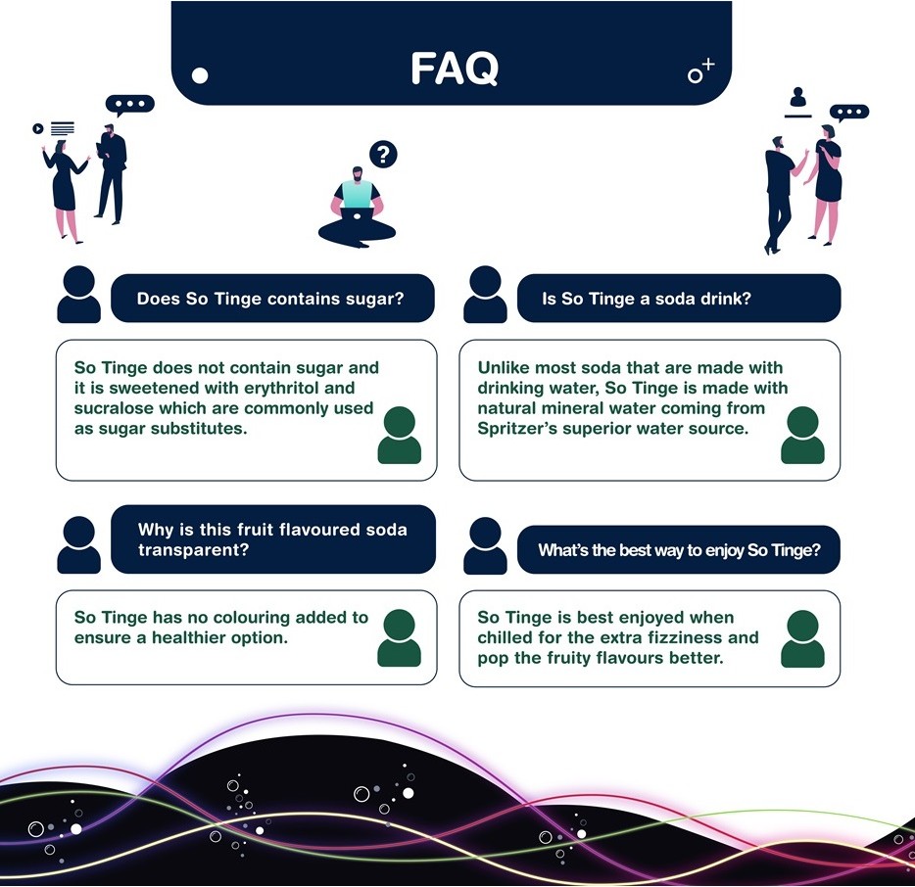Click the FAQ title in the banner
point(454,69)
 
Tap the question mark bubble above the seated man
point(383,155)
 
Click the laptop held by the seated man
point(357,197)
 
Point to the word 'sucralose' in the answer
point(112,408)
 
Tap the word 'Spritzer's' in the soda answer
point(515,428)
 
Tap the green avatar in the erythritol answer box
point(399,435)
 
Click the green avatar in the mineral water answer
point(802,435)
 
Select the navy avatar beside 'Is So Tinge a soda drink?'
point(485,295)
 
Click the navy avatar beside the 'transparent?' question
point(78,545)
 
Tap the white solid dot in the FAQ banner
point(200,74)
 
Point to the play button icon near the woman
point(37,128)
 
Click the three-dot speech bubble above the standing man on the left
point(130,105)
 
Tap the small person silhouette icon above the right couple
point(798,97)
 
